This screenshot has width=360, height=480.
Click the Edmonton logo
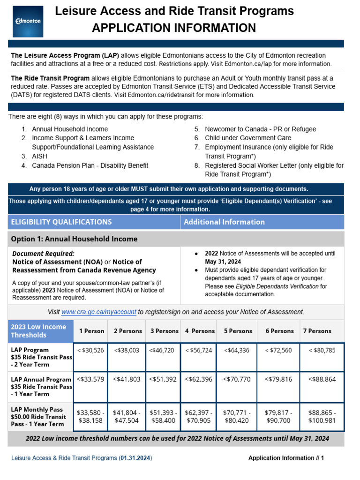pos(28,21)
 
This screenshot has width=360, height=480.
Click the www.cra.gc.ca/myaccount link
pos(98,312)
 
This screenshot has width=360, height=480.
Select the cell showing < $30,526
pos(91,350)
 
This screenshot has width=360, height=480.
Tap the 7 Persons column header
pos(317,331)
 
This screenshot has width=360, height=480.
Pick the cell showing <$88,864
pos(322,379)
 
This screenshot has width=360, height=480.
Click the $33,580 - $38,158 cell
pos(91,417)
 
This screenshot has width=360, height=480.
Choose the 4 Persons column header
pos(200,331)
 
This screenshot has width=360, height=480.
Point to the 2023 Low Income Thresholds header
pos(40,331)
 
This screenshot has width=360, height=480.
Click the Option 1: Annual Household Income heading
pos(74,239)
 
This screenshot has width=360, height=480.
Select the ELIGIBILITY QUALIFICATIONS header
pos(61,222)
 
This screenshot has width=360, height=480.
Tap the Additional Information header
pos(224,222)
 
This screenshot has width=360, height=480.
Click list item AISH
pos(39,156)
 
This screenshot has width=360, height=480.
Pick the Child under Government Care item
pos(247,138)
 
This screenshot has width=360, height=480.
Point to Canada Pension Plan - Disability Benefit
pos(90,165)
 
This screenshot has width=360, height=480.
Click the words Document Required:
pos(43,254)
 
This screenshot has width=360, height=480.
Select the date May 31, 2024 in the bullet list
pos(223,262)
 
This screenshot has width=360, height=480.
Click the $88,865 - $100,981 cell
pos(322,417)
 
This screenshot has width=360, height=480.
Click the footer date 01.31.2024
pos(135,458)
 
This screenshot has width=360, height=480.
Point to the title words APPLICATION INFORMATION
pos(174,28)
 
